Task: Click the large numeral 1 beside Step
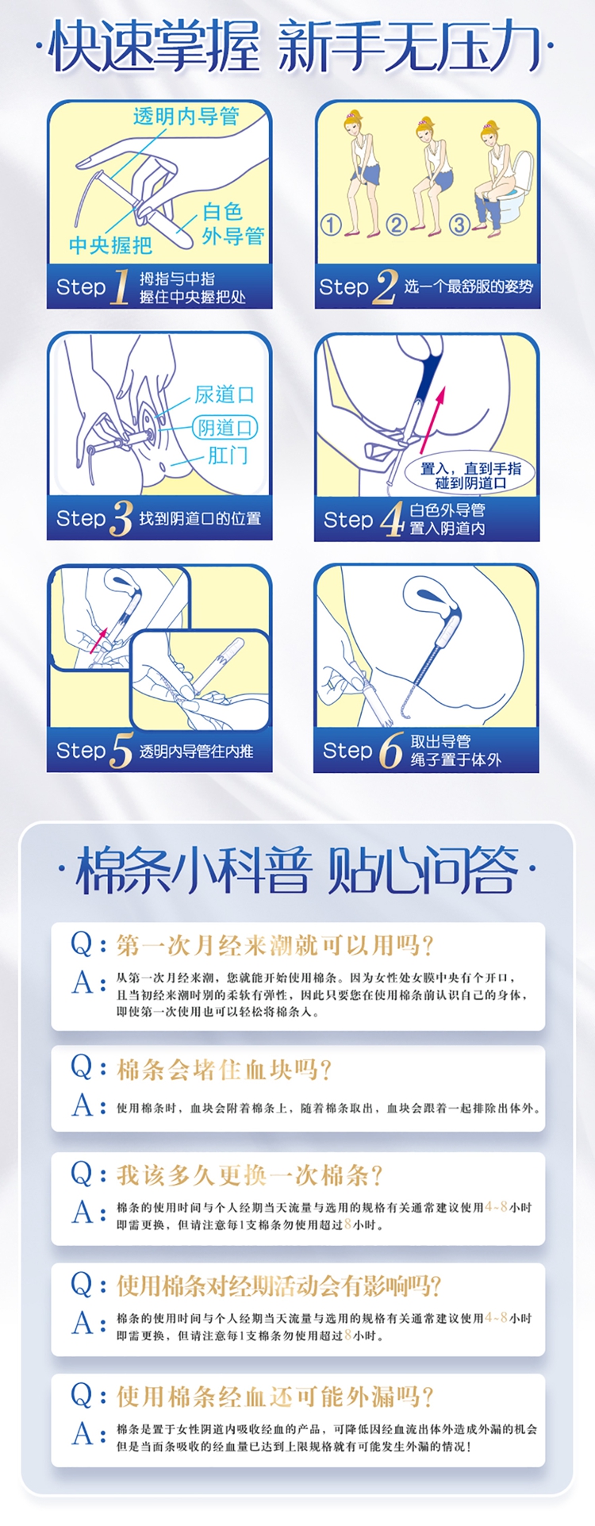point(121,286)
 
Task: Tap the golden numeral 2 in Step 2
point(385,286)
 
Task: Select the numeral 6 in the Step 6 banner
point(390,750)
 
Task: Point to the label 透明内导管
point(186,116)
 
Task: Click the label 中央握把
point(110,245)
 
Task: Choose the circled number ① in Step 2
point(331,225)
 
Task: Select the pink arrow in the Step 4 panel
point(433,419)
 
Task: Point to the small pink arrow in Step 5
point(99,639)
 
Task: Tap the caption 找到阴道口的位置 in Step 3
point(200,518)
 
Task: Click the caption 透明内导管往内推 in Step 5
point(197,751)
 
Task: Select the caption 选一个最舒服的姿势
point(469,286)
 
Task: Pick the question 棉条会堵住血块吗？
point(225,1070)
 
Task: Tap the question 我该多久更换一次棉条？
point(250,1175)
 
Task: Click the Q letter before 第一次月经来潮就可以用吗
point(83,944)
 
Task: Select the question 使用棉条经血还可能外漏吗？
point(276,1397)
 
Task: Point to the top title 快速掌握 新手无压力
point(297,46)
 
